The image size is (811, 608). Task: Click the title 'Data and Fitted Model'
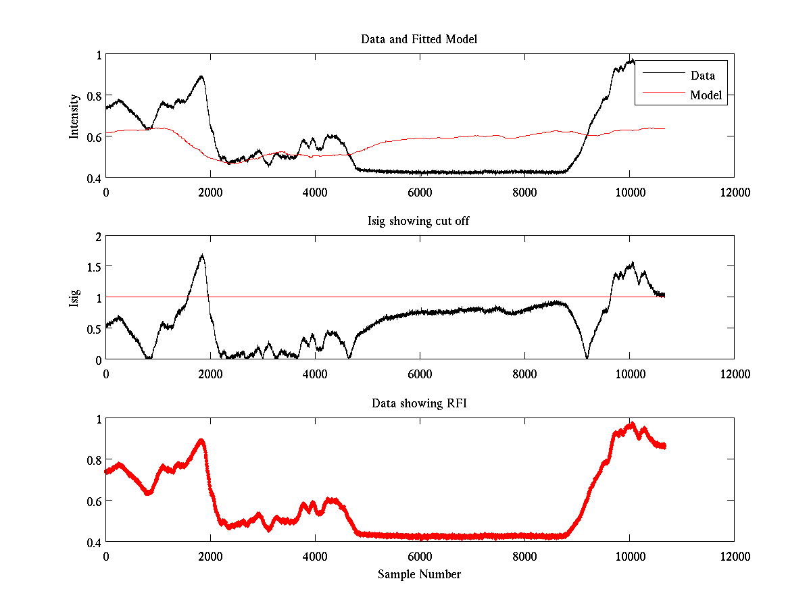click(x=419, y=39)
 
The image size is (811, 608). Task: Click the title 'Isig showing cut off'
click(x=419, y=222)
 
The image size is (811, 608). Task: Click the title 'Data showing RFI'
click(x=419, y=403)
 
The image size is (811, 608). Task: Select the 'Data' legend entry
click(x=702, y=76)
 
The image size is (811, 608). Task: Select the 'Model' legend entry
click(x=706, y=95)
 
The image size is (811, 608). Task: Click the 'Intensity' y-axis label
click(x=74, y=116)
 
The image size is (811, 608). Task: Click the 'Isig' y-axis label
click(x=74, y=298)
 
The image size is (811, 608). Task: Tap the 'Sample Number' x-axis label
click(x=419, y=574)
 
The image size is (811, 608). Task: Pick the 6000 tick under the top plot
click(x=420, y=192)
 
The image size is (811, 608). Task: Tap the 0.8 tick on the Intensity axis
click(x=93, y=95)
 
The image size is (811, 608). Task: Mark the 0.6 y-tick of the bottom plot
click(x=93, y=501)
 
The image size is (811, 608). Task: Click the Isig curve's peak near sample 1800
click(x=201, y=255)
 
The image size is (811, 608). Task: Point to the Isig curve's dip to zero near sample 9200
click(x=587, y=358)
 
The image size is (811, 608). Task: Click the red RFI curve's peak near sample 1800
click(x=201, y=440)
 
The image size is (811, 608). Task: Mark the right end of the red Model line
click(x=664, y=128)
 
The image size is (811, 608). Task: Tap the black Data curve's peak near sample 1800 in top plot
click(x=201, y=76)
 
